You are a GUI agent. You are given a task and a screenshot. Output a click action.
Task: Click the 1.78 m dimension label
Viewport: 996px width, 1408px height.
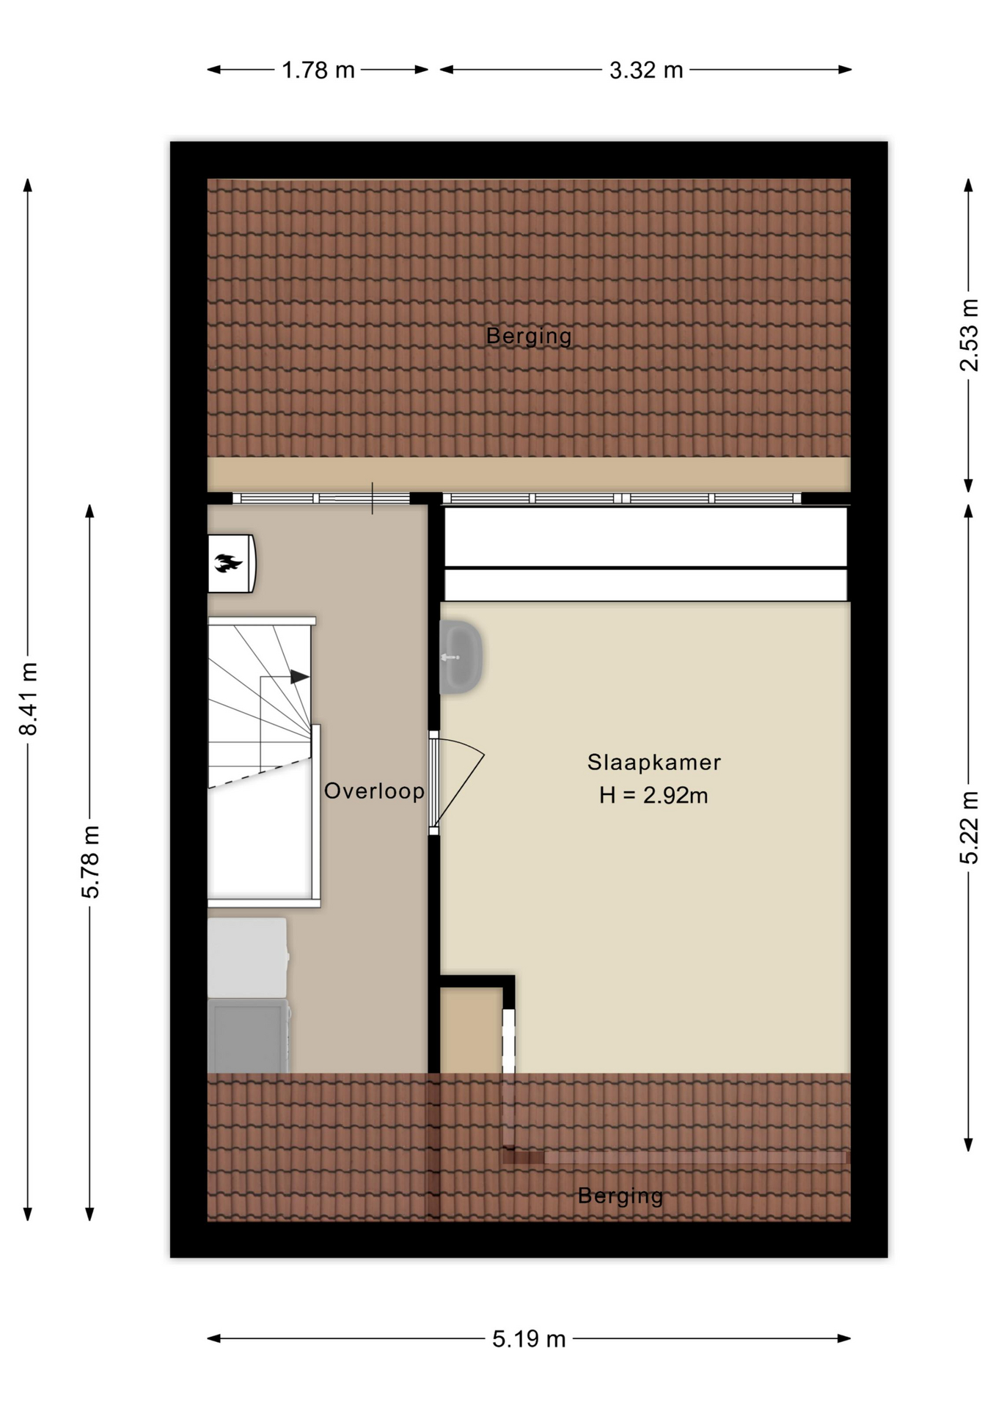pos(318,70)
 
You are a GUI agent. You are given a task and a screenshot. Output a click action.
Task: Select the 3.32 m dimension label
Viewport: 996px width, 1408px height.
pos(646,70)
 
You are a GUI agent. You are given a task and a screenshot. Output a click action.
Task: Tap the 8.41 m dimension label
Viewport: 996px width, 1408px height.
pos(28,698)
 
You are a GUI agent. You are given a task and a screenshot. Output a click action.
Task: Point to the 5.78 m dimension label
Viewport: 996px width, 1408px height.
pos(90,862)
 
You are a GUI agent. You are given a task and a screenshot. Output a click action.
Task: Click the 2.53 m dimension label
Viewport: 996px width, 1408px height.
pos(969,335)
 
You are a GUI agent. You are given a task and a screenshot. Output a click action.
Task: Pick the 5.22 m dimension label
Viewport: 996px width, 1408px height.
pos(969,828)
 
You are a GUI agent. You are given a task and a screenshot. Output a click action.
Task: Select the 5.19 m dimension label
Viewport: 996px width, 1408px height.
pos(529,1339)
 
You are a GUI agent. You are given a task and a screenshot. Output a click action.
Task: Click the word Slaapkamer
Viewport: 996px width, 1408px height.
pos(654,763)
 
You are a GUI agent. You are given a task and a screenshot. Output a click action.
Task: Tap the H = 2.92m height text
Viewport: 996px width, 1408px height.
pos(653,796)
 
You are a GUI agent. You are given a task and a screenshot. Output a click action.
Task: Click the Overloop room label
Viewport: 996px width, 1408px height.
pos(374,791)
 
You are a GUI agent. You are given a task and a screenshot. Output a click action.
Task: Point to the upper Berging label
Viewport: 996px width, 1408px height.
pos(529,336)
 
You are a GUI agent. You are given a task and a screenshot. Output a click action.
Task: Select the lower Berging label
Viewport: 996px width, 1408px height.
pos(620,1196)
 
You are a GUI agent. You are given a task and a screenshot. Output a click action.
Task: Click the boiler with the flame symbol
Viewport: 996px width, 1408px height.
pos(232,563)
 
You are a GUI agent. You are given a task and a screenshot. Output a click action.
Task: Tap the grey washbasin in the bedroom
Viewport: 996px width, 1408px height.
pos(461,657)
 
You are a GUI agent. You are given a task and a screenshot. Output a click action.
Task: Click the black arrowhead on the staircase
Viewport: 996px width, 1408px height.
pos(299,677)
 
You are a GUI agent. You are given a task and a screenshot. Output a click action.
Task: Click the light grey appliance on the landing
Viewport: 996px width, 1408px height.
pos(248,958)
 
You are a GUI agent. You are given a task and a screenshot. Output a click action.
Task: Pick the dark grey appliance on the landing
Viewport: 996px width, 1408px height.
pos(248,1035)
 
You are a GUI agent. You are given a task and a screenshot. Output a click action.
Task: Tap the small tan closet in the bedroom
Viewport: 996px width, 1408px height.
pos(471,1030)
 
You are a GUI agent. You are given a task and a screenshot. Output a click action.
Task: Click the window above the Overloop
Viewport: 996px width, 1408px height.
pos(321,499)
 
